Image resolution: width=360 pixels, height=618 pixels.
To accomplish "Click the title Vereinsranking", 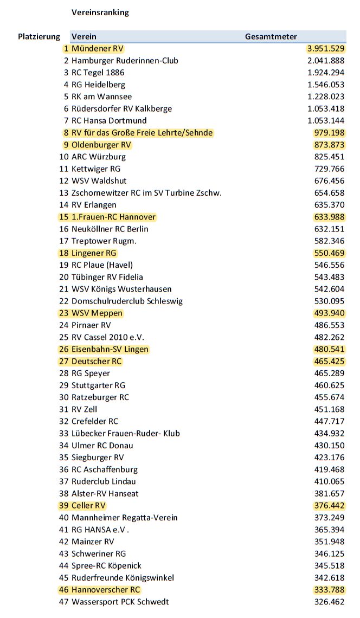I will coord(100,12).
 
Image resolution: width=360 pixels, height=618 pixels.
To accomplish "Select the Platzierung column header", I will coord(39,37).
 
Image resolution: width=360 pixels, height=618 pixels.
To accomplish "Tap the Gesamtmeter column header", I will coord(271,37).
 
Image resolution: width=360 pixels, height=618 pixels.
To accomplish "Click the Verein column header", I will coord(84,37).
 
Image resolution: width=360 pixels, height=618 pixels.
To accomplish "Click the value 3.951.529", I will coord(326,49).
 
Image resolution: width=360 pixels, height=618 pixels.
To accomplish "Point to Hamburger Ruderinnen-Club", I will coord(125,61).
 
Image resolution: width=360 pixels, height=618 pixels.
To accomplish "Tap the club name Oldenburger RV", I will coord(101,145).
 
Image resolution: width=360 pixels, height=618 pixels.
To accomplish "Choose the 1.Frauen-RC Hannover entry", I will coord(113,217).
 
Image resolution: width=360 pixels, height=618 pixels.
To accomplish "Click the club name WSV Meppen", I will coord(97,313).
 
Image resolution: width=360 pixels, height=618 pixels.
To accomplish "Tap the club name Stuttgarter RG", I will coord(98,385).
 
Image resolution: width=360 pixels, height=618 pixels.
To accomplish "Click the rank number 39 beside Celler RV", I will coord(65,505).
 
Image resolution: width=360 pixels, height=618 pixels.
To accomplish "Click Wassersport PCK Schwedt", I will coord(120,602).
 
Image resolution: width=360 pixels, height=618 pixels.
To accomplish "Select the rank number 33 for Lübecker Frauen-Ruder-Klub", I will coord(65,433).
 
